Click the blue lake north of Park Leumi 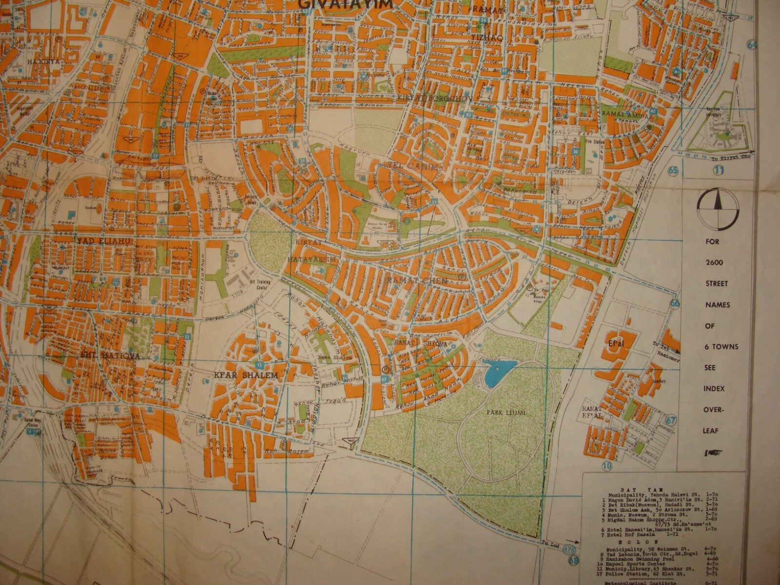pos(498,370)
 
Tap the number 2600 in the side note pos(717,262)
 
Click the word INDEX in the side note pos(718,389)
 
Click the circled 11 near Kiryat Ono pos(719,170)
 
